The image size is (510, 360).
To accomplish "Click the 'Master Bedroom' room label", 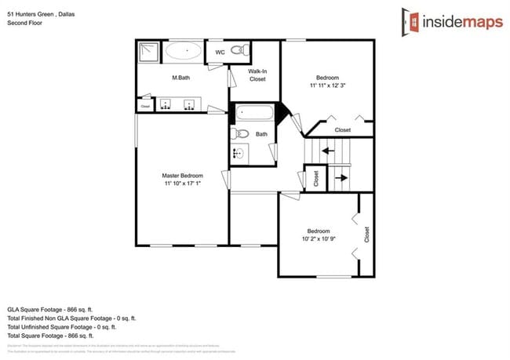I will pyautogui.click(x=183, y=175).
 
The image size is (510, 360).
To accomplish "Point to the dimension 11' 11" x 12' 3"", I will pyautogui.click(x=327, y=87).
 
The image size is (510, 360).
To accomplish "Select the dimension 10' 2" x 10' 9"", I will pyautogui.click(x=318, y=239).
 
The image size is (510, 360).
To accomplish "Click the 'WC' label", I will pyautogui.click(x=220, y=53).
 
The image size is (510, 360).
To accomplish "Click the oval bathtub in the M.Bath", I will pyautogui.click(x=186, y=53).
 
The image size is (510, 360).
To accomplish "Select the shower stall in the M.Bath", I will pyautogui.click(x=148, y=53).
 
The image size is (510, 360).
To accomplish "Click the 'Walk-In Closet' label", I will pyautogui.click(x=257, y=75).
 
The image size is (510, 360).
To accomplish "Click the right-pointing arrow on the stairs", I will pyautogui.click(x=343, y=177).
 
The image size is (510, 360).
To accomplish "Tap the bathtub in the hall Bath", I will pyautogui.click(x=253, y=114).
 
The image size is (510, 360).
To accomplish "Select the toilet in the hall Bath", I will pyautogui.click(x=240, y=134).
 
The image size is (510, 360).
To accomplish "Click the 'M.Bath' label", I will pyautogui.click(x=183, y=78).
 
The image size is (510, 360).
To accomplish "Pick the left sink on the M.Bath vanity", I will pyautogui.click(x=166, y=104).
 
